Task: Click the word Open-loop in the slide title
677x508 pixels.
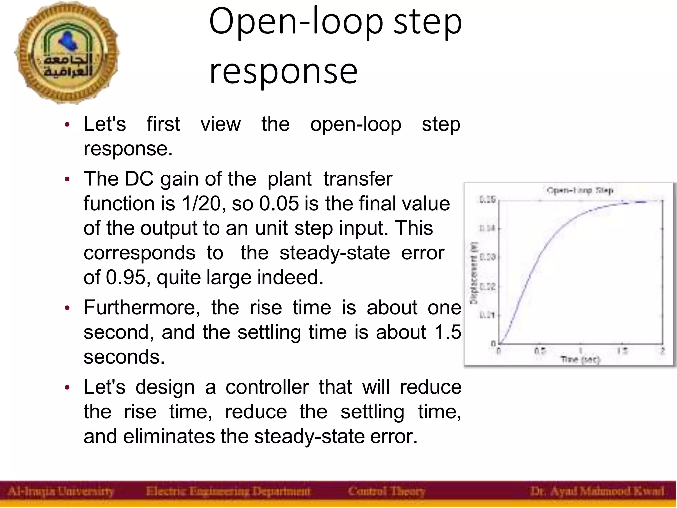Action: click(296, 22)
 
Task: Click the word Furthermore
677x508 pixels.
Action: click(142, 307)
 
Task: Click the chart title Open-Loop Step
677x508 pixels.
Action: click(580, 190)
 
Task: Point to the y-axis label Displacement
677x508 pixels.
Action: click(474, 273)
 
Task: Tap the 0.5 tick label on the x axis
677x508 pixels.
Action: click(540, 351)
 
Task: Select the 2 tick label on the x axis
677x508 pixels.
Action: click(662, 351)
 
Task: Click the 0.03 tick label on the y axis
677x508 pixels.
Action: click(487, 257)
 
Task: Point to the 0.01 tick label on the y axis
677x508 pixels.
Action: click(487, 315)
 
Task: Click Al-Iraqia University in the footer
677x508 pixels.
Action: click(61, 491)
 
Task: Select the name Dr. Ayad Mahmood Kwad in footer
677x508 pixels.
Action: click(597, 491)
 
